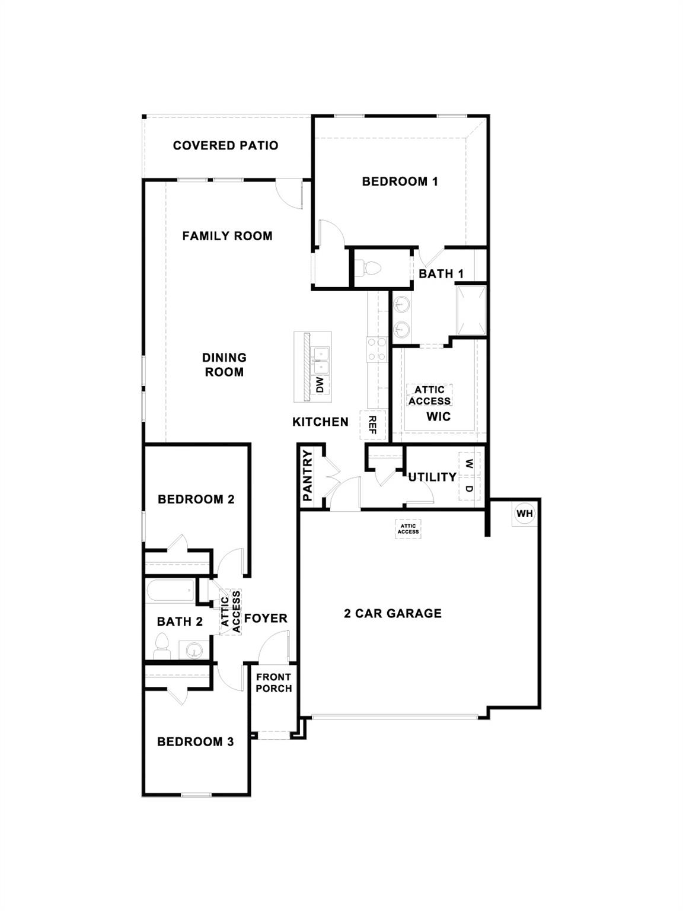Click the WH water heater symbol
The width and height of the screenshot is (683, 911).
[x=525, y=514]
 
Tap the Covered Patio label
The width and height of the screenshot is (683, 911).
[x=225, y=145]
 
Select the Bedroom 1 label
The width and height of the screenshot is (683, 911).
[x=400, y=181]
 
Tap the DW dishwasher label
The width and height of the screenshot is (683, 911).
[x=320, y=385]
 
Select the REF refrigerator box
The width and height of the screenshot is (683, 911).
[x=373, y=425]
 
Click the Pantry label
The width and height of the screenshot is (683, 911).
[x=308, y=476]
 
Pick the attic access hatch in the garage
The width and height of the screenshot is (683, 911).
[x=408, y=528]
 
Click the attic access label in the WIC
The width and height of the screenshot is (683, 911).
[x=429, y=395]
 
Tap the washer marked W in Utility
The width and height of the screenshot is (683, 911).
[x=469, y=463]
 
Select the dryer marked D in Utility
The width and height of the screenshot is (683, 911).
[x=469, y=488]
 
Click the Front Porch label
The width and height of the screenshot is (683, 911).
[x=273, y=683]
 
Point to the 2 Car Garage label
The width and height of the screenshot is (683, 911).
[x=392, y=613]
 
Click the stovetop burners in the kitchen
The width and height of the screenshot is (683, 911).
[x=376, y=349]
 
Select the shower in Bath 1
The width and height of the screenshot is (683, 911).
[x=471, y=310]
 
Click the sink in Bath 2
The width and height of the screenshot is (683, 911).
[x=193, y=651]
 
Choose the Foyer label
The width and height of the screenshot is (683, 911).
[x=266, y=619]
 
